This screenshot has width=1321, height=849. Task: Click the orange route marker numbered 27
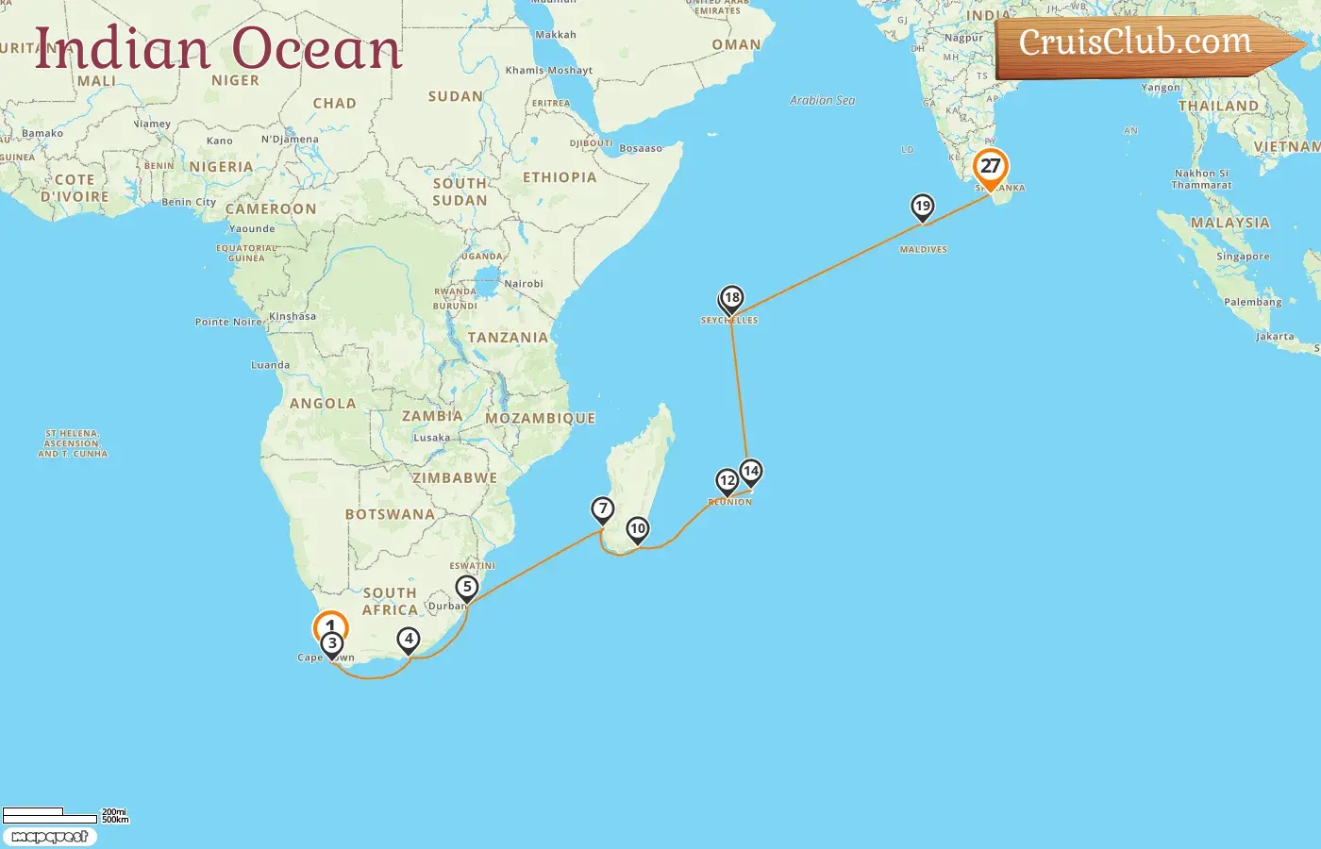coord(990,167)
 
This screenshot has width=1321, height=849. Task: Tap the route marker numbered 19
coord(922,207)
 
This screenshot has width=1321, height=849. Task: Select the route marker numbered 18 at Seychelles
coord(731,299)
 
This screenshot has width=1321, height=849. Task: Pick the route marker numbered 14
coord(750,471)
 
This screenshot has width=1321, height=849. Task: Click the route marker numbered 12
coord(727,481)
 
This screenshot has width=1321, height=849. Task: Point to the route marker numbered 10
coord(638,529)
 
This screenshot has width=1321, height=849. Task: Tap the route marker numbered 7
coord(603,509)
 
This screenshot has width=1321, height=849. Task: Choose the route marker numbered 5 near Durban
coord(466,588)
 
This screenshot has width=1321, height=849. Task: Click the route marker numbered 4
coord(409,640)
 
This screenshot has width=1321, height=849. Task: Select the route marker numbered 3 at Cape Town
coord(332,644)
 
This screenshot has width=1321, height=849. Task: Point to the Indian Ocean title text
coord(219,49)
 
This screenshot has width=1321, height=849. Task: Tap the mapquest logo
coord(49,837)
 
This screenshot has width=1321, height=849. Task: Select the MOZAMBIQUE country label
coord(540,418)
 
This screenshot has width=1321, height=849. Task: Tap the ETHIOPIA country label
coord(560,177)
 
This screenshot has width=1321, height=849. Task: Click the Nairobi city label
coord(524,284)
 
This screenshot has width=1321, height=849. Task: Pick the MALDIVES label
coord(923,250)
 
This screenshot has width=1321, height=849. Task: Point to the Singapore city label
coord(1243,257)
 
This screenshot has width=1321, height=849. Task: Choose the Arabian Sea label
coord(822,100)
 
